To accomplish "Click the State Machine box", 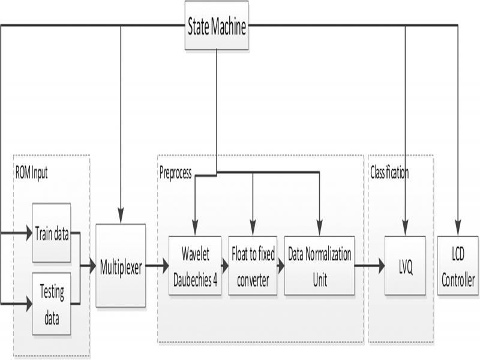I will click(x=217, y=28).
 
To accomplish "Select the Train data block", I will click(x=52, y=233).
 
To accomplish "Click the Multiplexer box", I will click(x=121, y=266).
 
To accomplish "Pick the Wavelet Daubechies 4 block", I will click(x=195, y=266).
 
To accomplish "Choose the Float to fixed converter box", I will click(x=253, y=266).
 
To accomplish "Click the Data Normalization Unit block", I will click(x=319, y=266).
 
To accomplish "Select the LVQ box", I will click(x=405, y=266).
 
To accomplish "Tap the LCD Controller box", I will click(x=458, y=266).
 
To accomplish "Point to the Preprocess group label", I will click(x=176, y=173).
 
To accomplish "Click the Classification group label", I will click(x=389, y=173).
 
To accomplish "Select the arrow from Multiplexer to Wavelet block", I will click(x=157, y=265).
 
